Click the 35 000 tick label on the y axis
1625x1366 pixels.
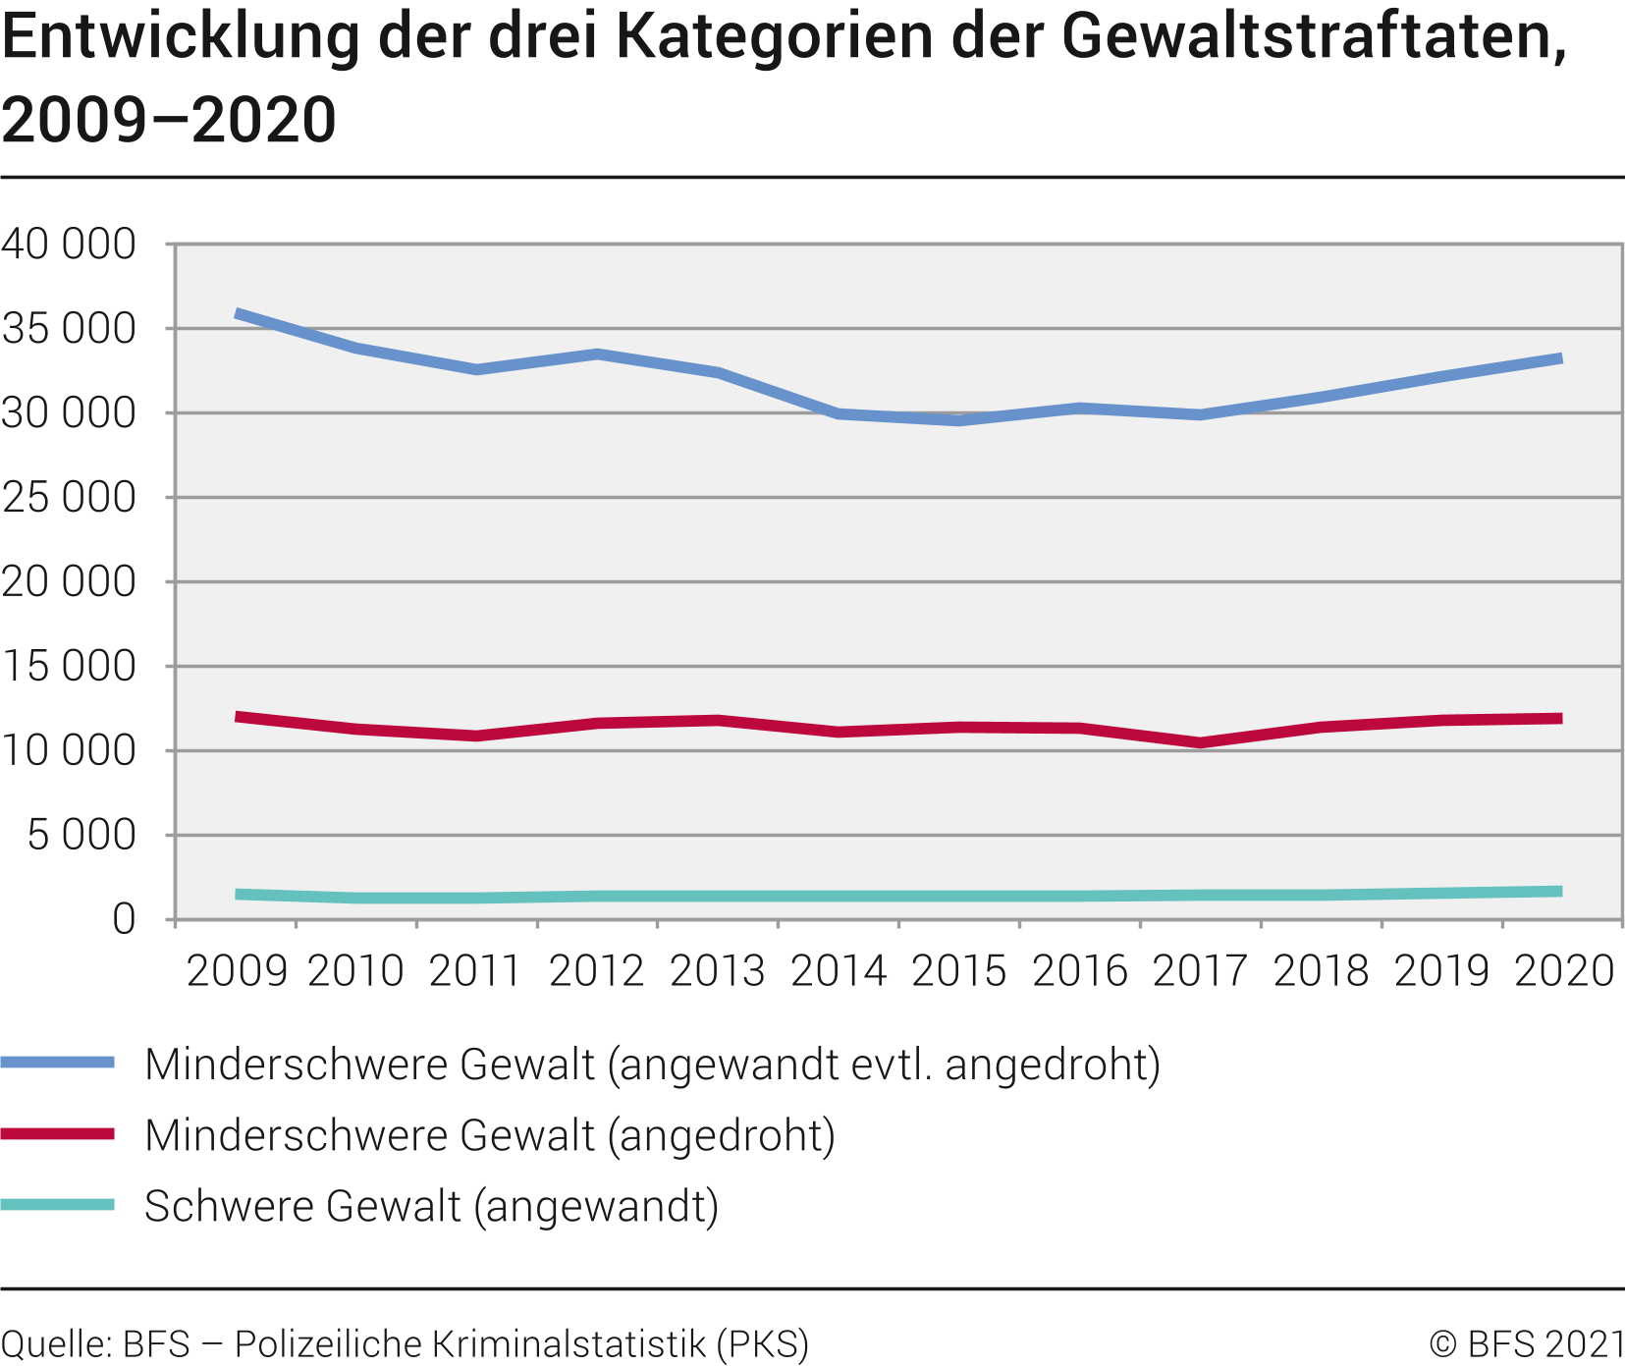pyautogui.click(x=69, y=329)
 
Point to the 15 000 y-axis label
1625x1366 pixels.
pyautogui.click(x=69, y=667)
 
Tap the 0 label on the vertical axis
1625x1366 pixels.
pyautogui.click(x=124, y=920)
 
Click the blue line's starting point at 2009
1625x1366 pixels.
pyautogui.click(x=237, y=314)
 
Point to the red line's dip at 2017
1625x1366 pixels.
pyautogui.click(x=1200, y=742)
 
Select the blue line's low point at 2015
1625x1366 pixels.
pyautogui.click(x=959, y=420)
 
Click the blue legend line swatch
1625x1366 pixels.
pyautogui.click(x=58, y=1063)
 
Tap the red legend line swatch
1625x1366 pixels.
pyautogui.click(x=58, y=1134)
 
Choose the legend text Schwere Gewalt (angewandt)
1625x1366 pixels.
pyautogui.click(x=431, y=1206)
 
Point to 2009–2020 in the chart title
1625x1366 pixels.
pyautogui.click(x=169, y=120)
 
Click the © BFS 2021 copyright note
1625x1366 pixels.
pyautogui.click(x=1527, y=1343)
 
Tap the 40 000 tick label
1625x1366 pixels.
pyautogui.click(x=69, y=245)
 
